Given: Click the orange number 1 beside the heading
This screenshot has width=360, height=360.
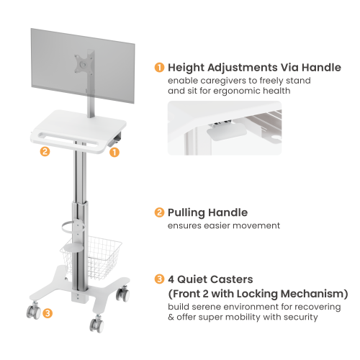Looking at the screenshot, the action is pyautogui.click(x=159, y=68).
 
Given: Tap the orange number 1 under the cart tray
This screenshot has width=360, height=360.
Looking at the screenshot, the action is pyautogui.click(x=114, y=152).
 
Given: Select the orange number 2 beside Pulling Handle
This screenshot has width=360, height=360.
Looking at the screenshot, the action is pyautogui.click(x=159, y=212).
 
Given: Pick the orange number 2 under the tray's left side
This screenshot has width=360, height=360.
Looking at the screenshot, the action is pyautogui.click(x=45, y=151).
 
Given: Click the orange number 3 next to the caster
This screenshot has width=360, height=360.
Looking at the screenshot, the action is pyautogui.click(x=48, y=313).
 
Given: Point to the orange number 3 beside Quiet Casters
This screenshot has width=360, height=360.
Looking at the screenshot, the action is pyautogui.click(x=159, y=279).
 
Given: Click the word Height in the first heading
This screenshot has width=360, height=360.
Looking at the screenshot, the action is pyautogui.click(x=186, y=68).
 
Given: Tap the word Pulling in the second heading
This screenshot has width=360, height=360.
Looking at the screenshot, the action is pyautogui.click(x=186, y=213).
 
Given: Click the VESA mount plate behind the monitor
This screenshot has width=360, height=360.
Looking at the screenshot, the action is pyautogui.click(x=83, y=64).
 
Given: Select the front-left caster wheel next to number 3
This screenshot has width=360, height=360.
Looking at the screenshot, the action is pyautogui.click(x=34, y=311).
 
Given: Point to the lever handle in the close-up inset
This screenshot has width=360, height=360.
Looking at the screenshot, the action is pyautogui.click(x=227, y=132).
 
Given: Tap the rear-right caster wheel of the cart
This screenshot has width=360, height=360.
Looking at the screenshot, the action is pyautogui.click(x=123, y=294).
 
